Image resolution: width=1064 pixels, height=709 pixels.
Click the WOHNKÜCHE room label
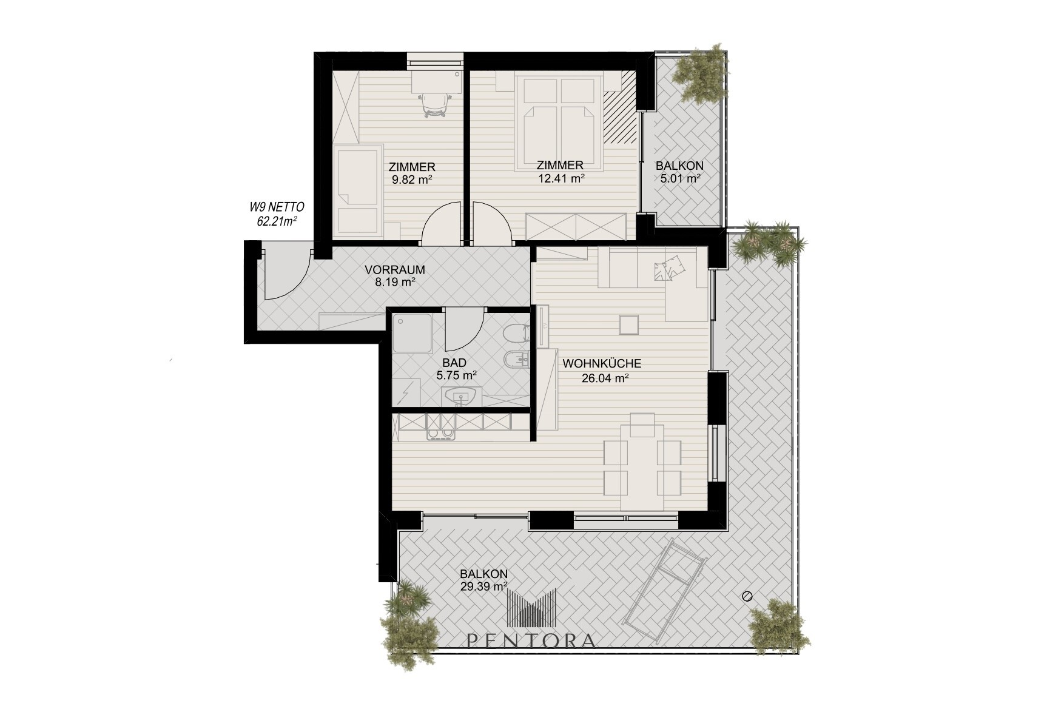(x=602, y=364)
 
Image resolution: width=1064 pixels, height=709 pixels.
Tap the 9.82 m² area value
(x=412, y=179)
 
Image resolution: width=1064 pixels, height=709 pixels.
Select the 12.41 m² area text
(x=561, y=178)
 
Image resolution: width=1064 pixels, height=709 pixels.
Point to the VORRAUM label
(x=394, y=270)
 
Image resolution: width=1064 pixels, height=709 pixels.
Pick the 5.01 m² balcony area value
(x=681, y=178)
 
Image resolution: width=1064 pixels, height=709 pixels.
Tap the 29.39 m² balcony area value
(x=483, y=586)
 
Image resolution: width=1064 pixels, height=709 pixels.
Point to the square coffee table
(x=629, y=324)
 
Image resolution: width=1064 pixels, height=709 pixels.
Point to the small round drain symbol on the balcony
(x=747, y=596)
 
